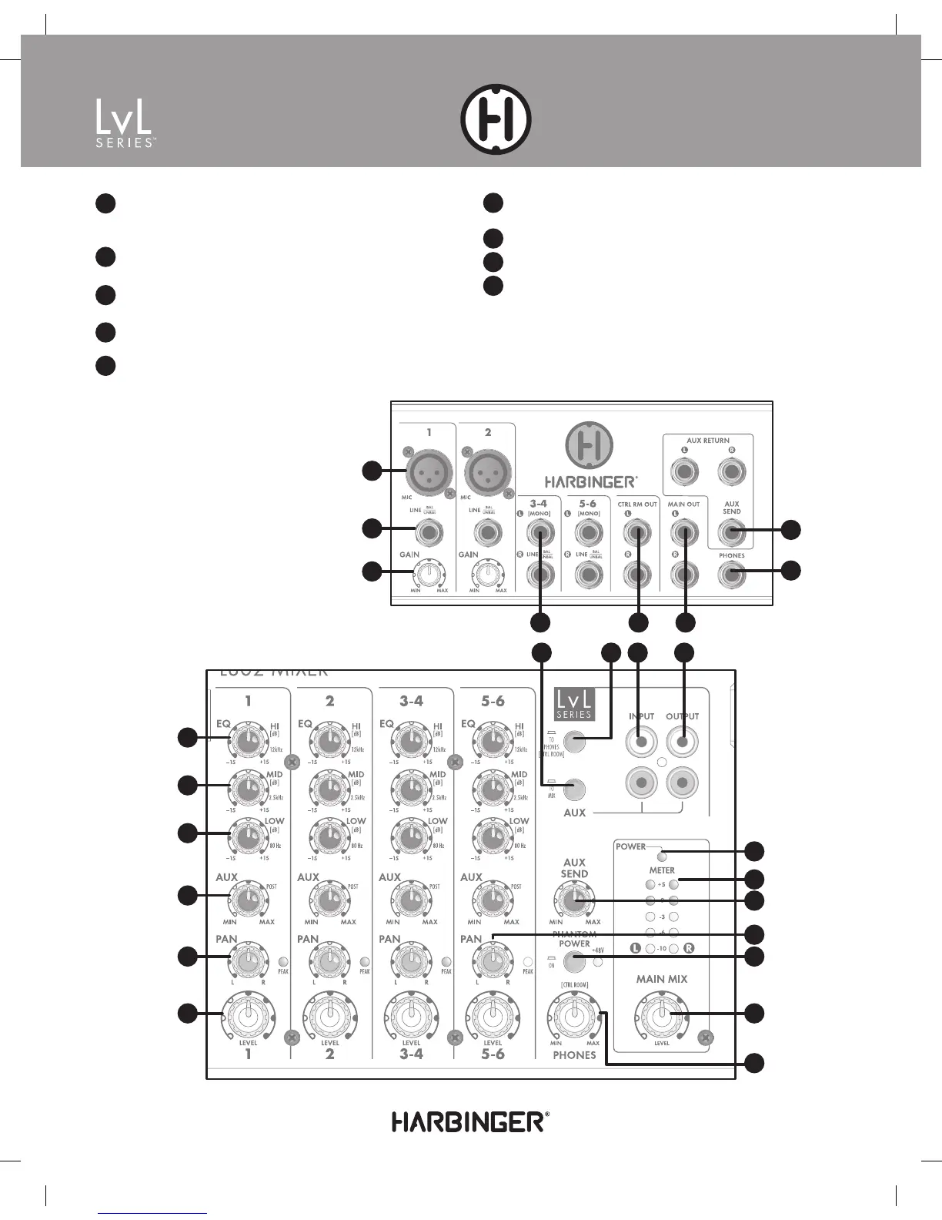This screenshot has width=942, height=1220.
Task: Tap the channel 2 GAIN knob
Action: click(487, 574)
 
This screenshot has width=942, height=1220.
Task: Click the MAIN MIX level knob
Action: click(661, 1015)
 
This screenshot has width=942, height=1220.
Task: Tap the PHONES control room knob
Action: click(574, 1015)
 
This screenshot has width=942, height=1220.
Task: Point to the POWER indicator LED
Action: click(661, 853)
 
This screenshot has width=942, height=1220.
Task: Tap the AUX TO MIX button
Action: click(574, 790)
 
